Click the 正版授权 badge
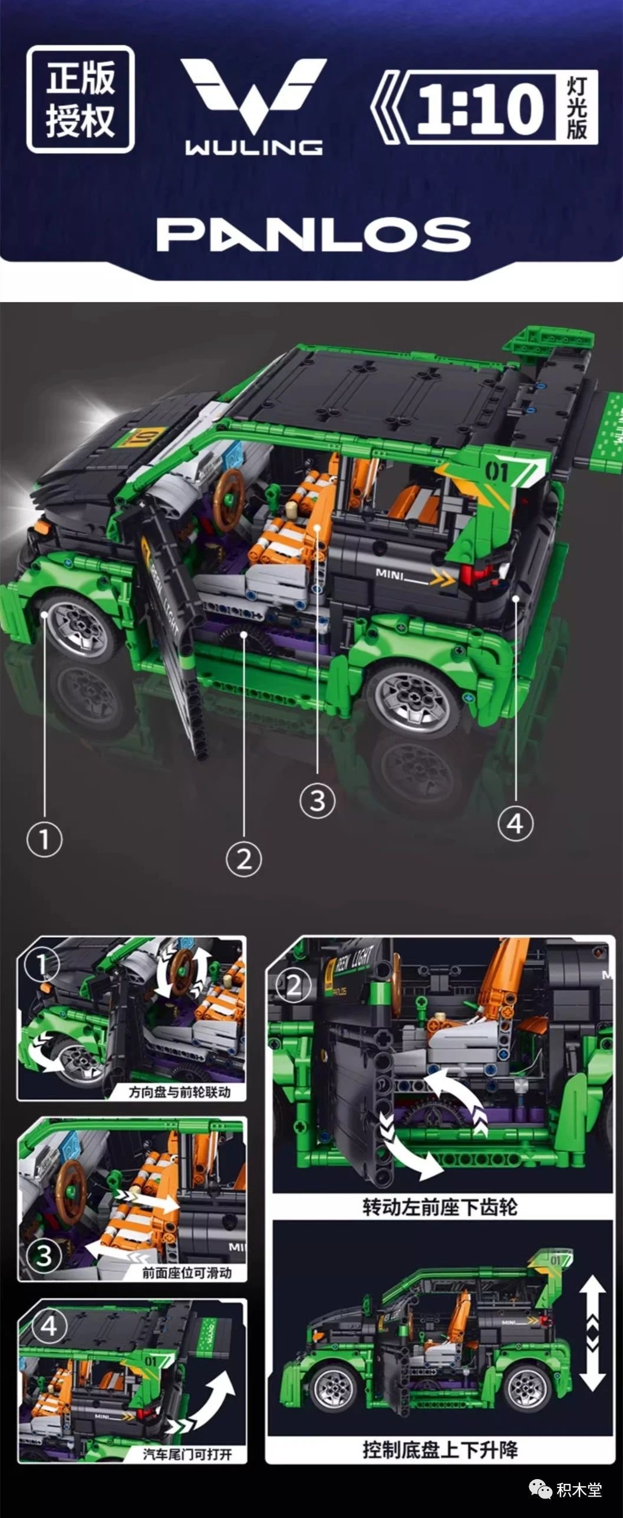[x=81, y=99]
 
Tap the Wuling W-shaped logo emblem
[x=253, y=94]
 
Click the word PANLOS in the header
[x=313, y=234]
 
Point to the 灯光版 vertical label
[x=577, y=107]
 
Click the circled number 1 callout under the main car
[x=44, y=839]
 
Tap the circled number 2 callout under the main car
[x=243, y=859]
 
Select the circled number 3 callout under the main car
[x=317, y=801]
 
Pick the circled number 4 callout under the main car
[x=515, y=824]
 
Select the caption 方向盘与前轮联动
[x=179, y=1092]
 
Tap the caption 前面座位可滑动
[x=187, y=1273]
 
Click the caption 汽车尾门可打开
[x=187, y=1454]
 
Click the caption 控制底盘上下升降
[x=440, y=1449]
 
